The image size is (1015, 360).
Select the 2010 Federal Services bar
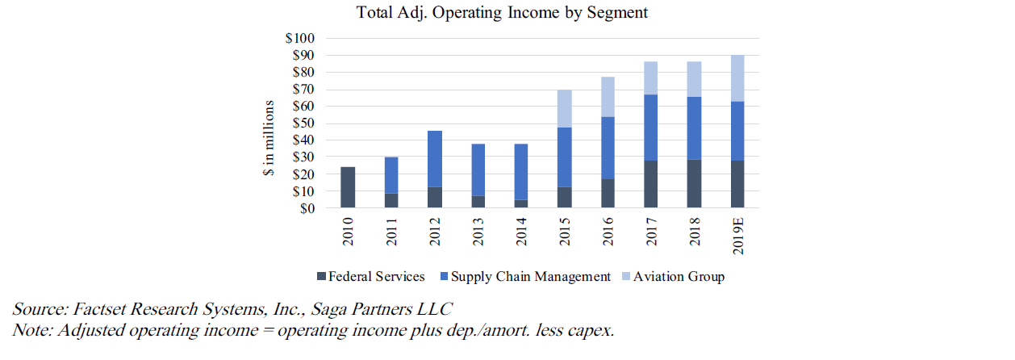(348, 187)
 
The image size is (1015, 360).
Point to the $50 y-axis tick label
(304, 123)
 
